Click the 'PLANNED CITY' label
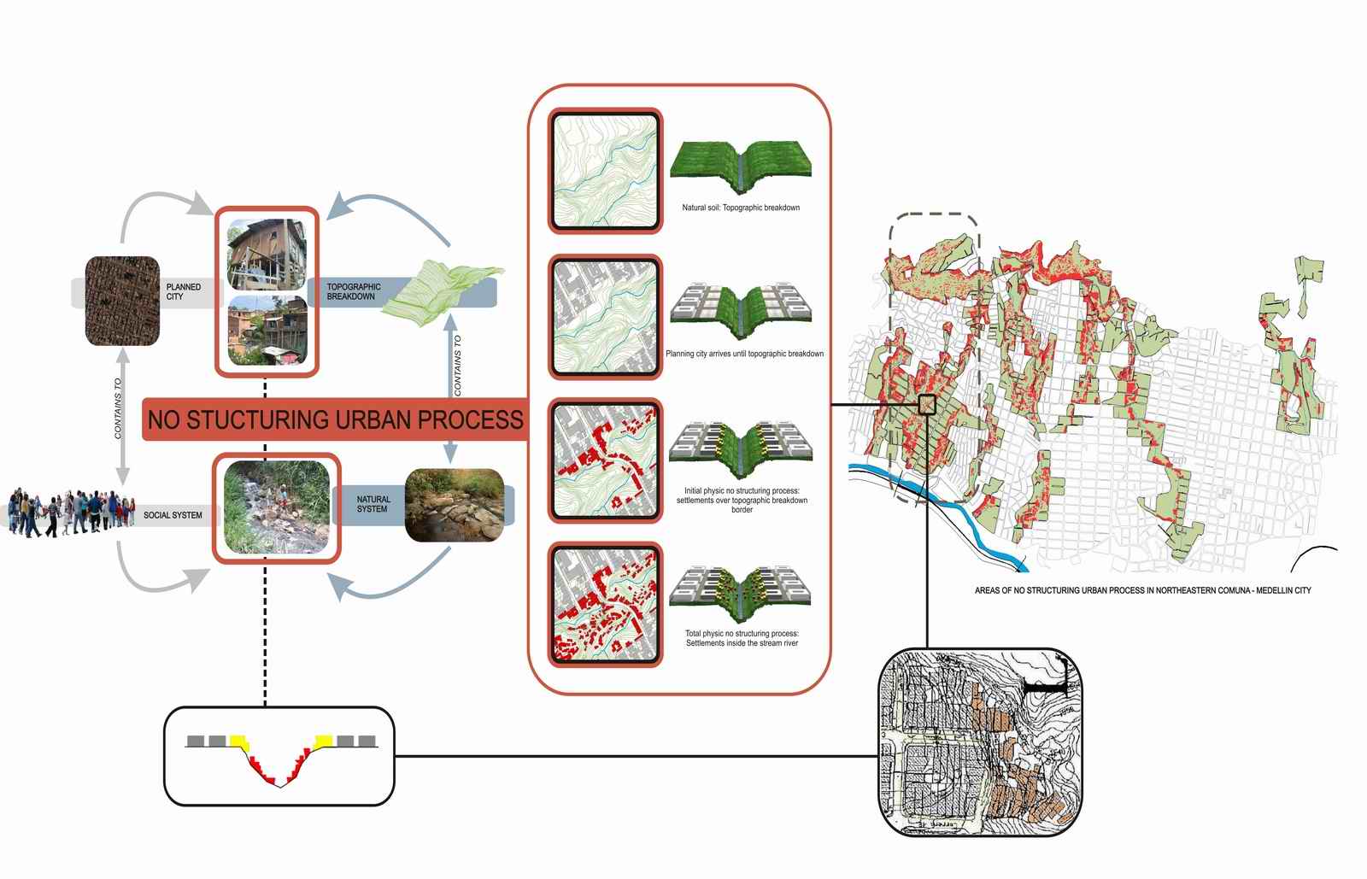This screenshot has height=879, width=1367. [x=183, y=291]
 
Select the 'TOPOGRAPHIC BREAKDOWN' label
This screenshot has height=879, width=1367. [x=353, y=291]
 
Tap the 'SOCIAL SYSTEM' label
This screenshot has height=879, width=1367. [x=173, y=515]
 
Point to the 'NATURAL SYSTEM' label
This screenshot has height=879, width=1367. [x=373, y=504]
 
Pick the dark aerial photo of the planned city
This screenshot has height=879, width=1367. [x=122, y=301]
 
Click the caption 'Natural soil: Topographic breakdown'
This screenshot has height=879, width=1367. [x=741, y=208]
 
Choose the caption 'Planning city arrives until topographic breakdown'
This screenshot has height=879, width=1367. [x=744, y=354]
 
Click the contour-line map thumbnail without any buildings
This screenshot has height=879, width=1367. [x=605, y=171]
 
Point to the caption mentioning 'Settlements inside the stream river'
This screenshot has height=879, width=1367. [x=742, y=638]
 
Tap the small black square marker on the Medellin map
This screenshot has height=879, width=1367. [x=927, y=404]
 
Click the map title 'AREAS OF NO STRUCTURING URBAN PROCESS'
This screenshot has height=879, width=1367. [x=1142, y=590]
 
